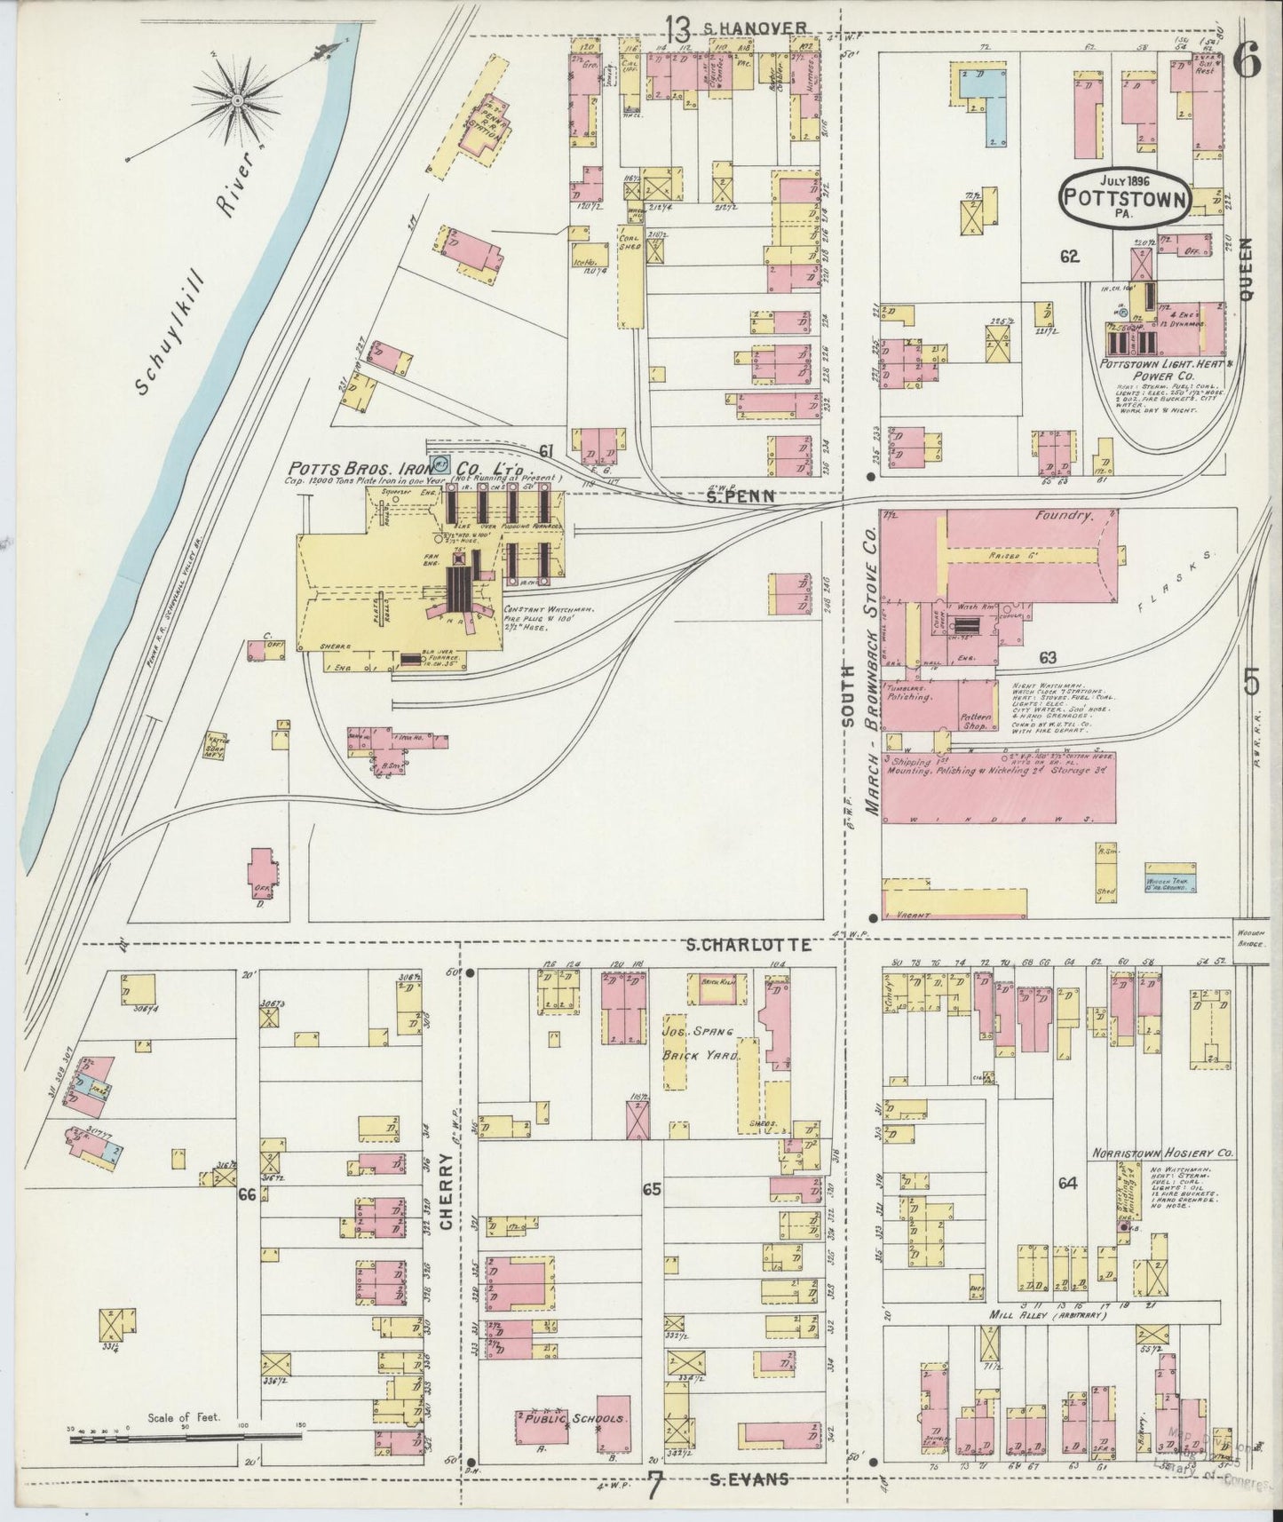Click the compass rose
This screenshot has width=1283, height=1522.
coord(238,103)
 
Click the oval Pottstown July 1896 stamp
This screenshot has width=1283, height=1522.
coord(1125,197)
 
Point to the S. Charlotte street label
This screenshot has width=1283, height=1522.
coord(748,946)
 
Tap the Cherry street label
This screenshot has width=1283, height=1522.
coord(446,1191)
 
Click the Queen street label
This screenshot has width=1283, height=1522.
coord(1247,270)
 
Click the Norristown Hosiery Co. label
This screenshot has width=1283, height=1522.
coord(1164,1153)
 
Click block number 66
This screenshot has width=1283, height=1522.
coord(247,1195)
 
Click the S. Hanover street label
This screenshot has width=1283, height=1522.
coord(755,28)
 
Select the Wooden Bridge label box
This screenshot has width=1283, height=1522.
coord(1249,931)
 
